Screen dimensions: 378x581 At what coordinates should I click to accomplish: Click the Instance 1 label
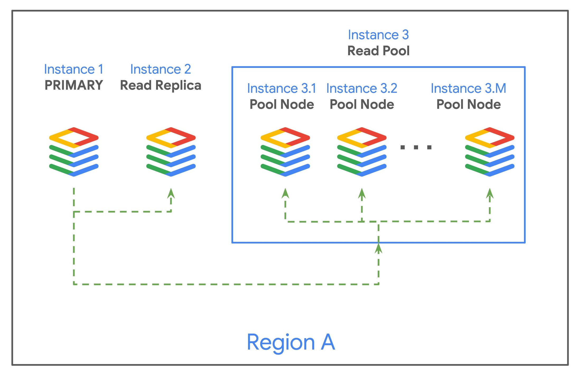click(x=73, y=69)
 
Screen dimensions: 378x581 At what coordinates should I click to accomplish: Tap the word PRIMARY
click(x=74, y=85)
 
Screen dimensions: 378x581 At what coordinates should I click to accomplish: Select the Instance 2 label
click(x=161, y=69)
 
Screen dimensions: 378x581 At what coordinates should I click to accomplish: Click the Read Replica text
click(x=161, y=86)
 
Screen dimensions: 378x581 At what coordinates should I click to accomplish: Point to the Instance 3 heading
click(x=378, y=35)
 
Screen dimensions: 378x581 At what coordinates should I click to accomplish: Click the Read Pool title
click(x=378, y=51)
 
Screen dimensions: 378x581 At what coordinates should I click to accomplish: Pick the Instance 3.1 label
click(x=282, y=88)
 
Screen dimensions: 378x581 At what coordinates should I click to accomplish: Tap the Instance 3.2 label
click(x=362, y=88)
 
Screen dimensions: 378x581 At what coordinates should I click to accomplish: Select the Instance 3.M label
click(x=468, y=88)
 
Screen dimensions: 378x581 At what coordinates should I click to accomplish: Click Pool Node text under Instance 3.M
click(x=468, y=105)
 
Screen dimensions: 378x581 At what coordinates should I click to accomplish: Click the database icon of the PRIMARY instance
click(x=74, y=152)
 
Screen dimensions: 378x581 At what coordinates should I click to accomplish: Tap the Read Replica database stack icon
click(x=171, y=152)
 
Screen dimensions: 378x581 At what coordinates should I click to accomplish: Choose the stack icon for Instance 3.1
click(x=285, y=152)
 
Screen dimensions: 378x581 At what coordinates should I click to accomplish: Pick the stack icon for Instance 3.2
click(x=362, y=152)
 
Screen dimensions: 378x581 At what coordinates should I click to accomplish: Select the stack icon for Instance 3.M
click(x=489, y=152)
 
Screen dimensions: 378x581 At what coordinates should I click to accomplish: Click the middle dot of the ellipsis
click(x=416, y=147)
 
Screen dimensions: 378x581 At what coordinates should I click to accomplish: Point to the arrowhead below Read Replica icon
click(x=171, y=193)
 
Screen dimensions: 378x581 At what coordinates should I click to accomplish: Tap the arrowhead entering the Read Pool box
click(x=378, y=248)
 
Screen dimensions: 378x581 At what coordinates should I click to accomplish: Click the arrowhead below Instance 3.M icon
click(x=490, y=193)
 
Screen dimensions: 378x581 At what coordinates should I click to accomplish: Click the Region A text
click(x=290, y=342)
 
